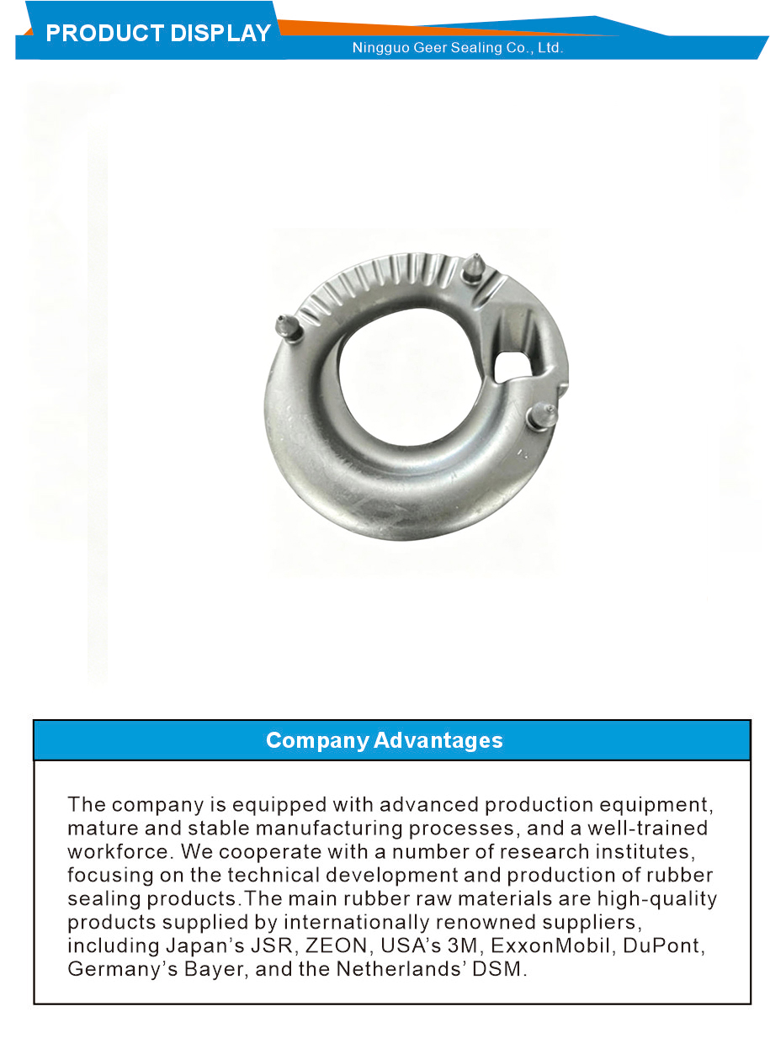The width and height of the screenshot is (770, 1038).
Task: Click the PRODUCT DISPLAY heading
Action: click(158, 34)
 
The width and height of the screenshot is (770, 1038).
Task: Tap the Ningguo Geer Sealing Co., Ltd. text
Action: click(458, 48)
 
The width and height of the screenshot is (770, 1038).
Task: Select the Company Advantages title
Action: click(385, 740)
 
